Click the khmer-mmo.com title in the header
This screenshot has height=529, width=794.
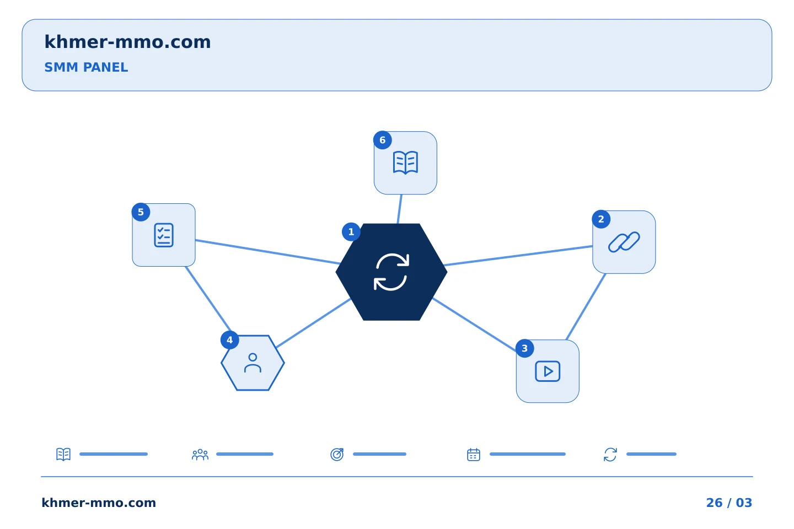click(x=127, y=42)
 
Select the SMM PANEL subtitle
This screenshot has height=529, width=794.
click(x=86, y=67)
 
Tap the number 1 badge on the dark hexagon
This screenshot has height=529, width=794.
click(x=351, y=232)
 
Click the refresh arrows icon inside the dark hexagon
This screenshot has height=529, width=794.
click(x=391, y=272)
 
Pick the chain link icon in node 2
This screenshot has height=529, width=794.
click(x=624, y=242)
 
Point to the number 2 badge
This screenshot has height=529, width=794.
click(x=601, y=219)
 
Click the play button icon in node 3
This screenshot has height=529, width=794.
click(x=548, y=371)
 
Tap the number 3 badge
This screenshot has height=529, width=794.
click(x=524, y=348)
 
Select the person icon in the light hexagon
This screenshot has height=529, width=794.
click(x=253, y=363)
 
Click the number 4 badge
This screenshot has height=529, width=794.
click(x=229, y=340)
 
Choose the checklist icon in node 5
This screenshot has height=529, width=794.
click(x=163, y=235)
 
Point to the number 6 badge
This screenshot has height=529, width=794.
click(x=383, y=140)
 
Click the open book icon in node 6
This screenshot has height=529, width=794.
click(x=405, y=163)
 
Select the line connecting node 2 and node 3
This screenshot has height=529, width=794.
click(x=586, y=307)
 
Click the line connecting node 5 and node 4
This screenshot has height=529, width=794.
click(x=208, y=299)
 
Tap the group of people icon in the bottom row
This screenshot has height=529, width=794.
click(x=200, y=454)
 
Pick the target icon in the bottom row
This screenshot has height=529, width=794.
click(x=337, y=454)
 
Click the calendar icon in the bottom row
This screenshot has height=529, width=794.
click(x=473, y=454)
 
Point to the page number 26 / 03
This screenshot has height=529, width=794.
click(x=729, y=503)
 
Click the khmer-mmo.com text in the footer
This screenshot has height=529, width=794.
click(x=99, y=503)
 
